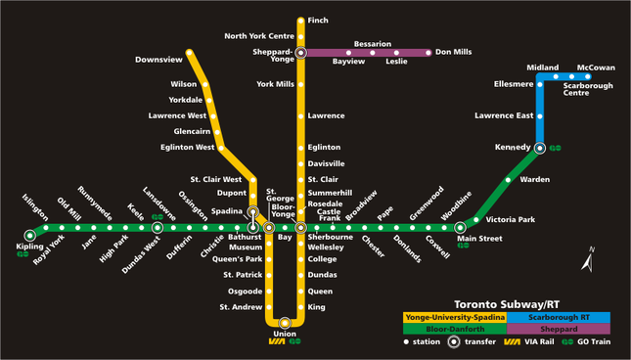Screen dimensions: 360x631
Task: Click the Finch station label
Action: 318,21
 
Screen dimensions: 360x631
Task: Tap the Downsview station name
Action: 158,60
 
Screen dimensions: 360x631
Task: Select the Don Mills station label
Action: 453,52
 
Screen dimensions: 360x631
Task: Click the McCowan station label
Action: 596,67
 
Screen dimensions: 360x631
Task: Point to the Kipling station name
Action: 30,247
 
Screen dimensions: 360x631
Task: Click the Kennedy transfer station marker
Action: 540,148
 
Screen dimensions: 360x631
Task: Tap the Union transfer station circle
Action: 285,322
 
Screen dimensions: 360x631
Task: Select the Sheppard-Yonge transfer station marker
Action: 301,52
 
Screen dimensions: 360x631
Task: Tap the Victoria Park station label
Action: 510,219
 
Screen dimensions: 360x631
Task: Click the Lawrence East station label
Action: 504,115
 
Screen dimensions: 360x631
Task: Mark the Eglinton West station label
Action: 188,147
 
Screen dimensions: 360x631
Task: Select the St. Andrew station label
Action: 241,307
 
